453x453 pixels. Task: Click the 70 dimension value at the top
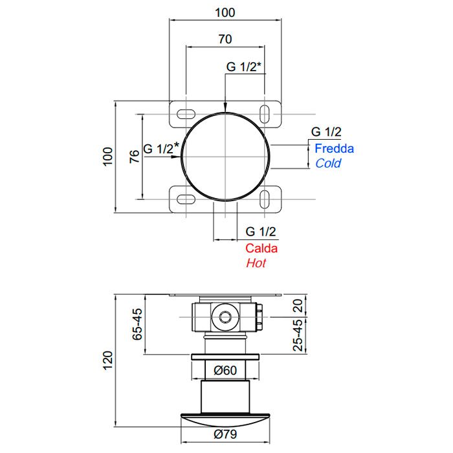click(225, 39)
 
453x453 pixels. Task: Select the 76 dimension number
click(135, 157)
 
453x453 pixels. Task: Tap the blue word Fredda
click(335, 148)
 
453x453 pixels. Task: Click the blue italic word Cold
click(328, 163)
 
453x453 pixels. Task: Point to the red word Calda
click(261, 249)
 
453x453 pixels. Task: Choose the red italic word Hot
click(256, 263)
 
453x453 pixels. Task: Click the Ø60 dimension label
click(225, 370)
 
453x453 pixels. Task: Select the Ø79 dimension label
click(225, 434)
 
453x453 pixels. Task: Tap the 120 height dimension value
click(107, 360)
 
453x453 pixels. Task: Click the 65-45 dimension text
click(137, 324)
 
